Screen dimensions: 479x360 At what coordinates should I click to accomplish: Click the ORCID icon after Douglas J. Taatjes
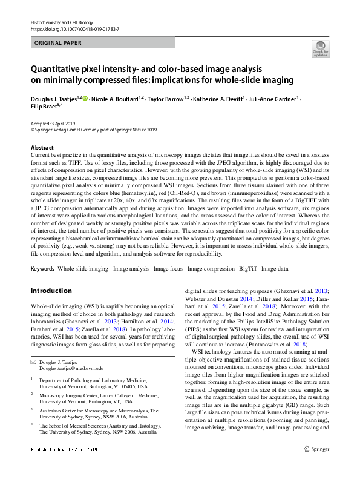click(x=85, y=97)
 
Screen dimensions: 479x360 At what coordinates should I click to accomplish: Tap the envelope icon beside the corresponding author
click(x=33, y=362)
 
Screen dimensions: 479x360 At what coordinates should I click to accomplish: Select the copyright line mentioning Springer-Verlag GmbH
click(x=93, y=129)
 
